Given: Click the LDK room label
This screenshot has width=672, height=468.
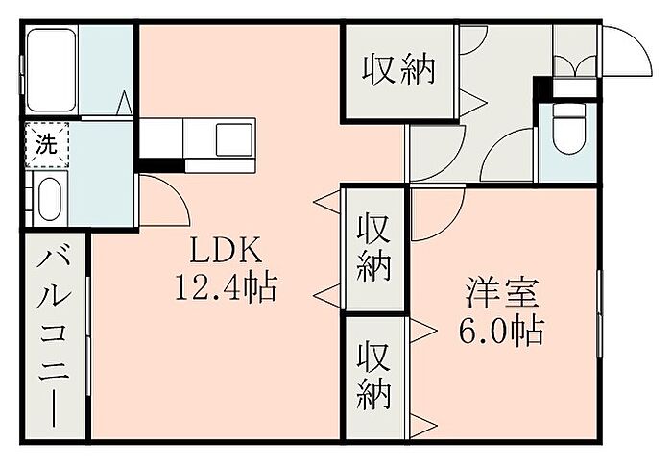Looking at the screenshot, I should pos(226,252).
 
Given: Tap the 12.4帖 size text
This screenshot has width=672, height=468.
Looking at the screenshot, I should pos(226,285).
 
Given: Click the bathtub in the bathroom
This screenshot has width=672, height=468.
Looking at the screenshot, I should pos(52,69).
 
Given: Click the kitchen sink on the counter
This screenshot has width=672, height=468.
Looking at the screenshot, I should pos(233,140).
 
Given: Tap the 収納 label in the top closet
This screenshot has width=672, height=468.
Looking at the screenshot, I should pos(398,71).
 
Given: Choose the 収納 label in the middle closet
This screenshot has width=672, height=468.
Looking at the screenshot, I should pos(374,247).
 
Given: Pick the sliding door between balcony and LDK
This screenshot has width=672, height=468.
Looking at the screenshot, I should pos(88,336).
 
